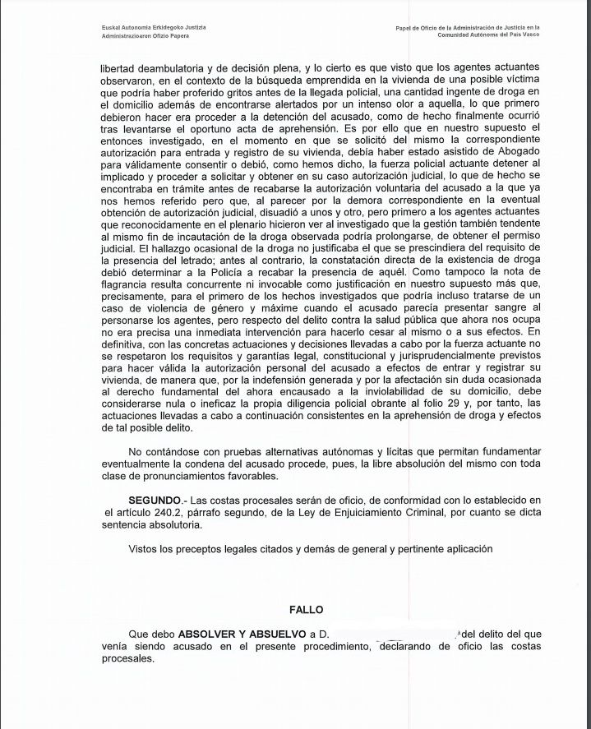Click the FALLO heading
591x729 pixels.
pos(306,610)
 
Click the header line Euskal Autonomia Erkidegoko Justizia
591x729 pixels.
pos(148,28)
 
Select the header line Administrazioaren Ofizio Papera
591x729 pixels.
pos(141,38)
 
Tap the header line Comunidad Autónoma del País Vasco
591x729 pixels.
pos(493,38)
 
